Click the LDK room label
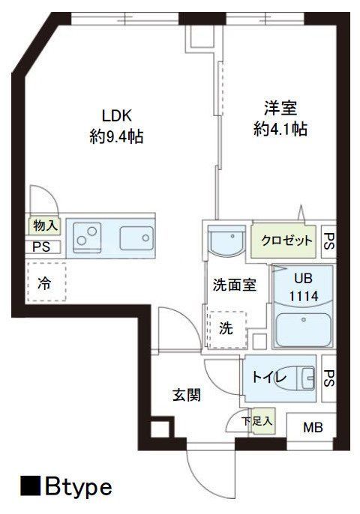pyautogui.click(x=117, y=116)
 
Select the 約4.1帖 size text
pyautogui.click(x=279, y=128)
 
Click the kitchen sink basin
pyautogui.click(x=134, y=239)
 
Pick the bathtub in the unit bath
pyautogui.click(x=304, y=330)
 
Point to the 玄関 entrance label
pyautogui.click(x=187, y=396)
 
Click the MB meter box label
pyautogui.click(x=313, y=429)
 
